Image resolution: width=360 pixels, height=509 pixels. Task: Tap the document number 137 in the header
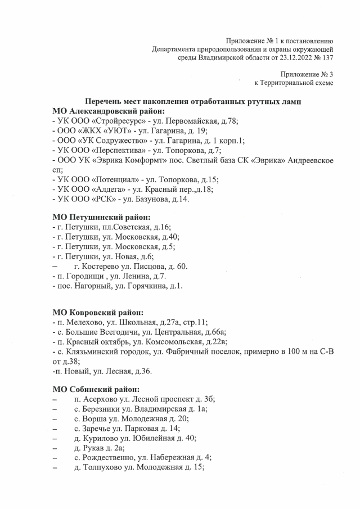tap(327, 57)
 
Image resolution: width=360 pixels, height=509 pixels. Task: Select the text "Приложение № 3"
tap(307, 74)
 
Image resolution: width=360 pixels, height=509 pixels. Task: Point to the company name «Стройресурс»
tap(110, 121)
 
